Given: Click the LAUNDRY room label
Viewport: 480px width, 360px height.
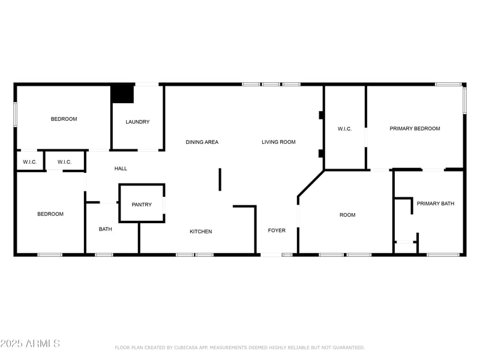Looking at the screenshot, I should pos(137,122).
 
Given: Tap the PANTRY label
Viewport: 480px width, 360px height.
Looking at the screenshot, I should pos(142,205).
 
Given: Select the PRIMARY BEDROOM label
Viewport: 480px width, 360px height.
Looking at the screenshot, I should pos(415,128).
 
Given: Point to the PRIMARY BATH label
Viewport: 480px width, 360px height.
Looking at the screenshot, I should pos(436,203).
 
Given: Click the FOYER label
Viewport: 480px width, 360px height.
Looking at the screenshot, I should pos(277,230).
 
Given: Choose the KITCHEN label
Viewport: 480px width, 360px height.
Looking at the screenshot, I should pos(200,232).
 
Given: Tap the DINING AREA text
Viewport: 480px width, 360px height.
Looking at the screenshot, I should pos(202,142).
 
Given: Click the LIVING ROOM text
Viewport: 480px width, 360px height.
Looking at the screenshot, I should pos(278,142).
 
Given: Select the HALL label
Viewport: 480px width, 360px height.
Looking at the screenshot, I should pos(121,169).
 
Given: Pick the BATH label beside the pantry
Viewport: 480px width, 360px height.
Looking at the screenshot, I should pos(105,229).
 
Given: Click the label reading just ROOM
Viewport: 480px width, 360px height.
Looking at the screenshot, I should pos(347,215).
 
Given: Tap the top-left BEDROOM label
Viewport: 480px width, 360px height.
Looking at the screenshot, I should pos(64,119).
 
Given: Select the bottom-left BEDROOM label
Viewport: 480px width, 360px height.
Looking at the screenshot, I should pos(50,214).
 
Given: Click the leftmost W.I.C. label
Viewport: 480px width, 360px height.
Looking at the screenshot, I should pos(30,162).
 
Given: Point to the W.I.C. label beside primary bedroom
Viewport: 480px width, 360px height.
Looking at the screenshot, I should pos(344,128).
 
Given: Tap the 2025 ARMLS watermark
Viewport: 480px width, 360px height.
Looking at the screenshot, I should pos(30,343).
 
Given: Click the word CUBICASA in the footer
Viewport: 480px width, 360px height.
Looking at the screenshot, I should pos(188,347).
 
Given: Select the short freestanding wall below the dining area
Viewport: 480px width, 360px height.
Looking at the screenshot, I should pos(220,179).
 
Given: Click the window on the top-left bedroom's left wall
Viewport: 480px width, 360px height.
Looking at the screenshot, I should pos(16,114).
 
